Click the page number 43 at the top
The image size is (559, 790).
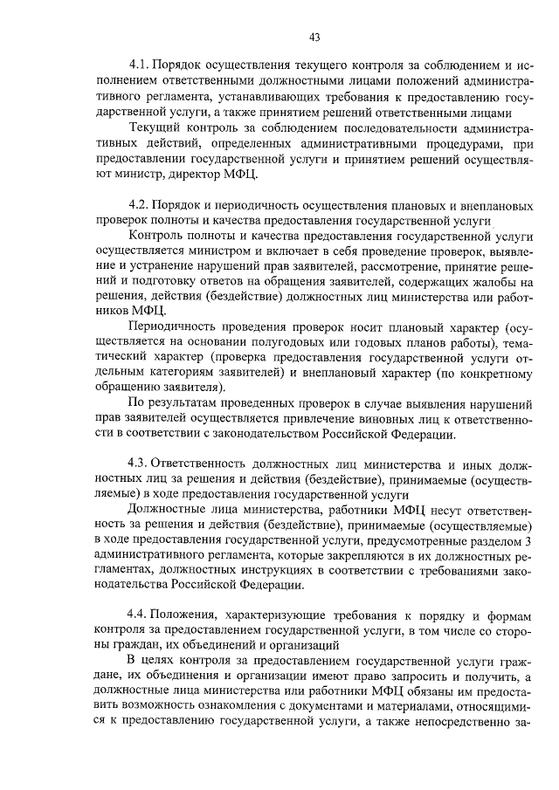pyautogui.click(x=315, y=37)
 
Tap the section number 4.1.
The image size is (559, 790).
pyautogui.click(x=140, y=65)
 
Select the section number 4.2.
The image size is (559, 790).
pyautogui.click(x=140, y=204)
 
